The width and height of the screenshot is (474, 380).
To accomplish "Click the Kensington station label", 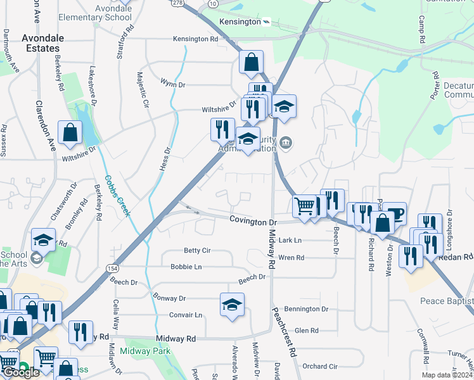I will pos(240,22).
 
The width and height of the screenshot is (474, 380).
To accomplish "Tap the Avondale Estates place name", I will pos(43,43).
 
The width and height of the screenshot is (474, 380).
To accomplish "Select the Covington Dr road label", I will pos(253,222).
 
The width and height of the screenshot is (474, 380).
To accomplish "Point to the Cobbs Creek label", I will pos(117,196).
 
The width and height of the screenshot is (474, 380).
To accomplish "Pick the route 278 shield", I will pos(177,3).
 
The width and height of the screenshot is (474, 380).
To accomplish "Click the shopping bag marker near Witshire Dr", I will pos(70,132).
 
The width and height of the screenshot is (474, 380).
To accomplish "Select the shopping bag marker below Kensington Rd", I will pos(251,62).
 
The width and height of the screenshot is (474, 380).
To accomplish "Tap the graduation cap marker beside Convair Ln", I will pos(232,305).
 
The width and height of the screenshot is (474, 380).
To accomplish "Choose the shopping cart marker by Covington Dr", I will pos(305,206).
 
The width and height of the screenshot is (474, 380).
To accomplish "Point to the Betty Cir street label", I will pos(197,251).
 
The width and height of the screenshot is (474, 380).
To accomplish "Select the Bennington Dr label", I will pos(306,309).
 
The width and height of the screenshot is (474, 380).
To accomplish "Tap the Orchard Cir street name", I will pos(320,366).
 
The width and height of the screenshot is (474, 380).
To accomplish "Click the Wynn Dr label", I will pos(172,84).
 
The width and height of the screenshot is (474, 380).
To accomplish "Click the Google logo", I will pos(20,372).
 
